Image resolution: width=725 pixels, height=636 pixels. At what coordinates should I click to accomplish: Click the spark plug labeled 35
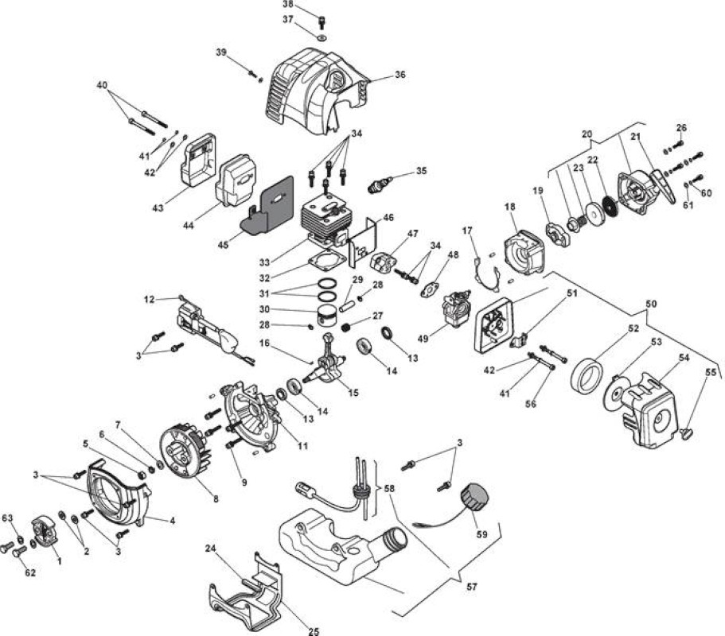tap(379, 184)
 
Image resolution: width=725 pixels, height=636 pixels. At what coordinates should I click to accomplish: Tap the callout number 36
tap(400, 75)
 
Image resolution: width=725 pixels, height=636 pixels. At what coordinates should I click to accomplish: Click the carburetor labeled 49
tap(455, 308)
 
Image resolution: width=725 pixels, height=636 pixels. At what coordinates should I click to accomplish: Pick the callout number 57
tap(472, 587)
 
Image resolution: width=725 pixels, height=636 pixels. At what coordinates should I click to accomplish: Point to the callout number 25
tap(314, 631)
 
